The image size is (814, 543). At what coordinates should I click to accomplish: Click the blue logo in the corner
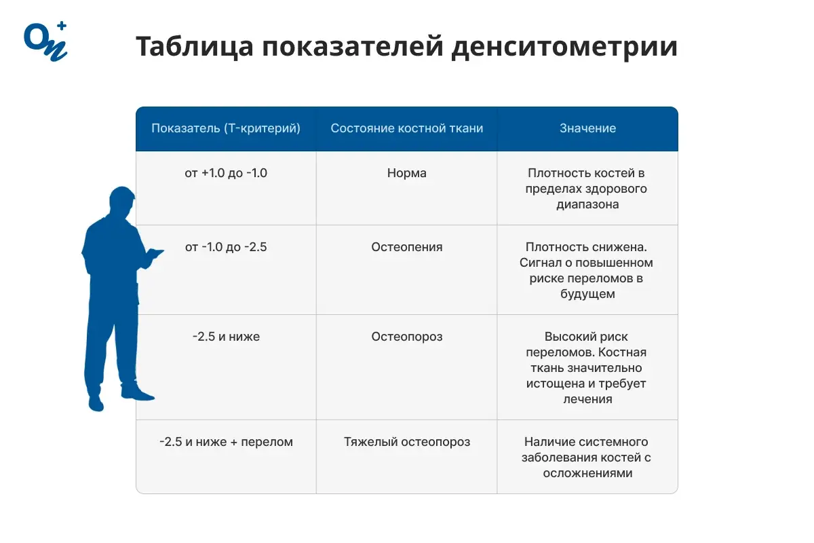(45, 41)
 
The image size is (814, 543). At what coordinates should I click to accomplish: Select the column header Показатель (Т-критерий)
(226, 128)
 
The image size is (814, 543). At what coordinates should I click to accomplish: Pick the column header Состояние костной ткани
(407, 128)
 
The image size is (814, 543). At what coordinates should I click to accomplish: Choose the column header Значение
(587, 128)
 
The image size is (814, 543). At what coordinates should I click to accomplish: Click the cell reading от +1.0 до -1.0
(226, 173)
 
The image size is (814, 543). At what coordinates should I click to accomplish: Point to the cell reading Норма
(407, 173)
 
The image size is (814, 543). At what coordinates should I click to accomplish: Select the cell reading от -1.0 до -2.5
(226, 247)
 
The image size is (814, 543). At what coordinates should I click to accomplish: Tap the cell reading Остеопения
(407, 247)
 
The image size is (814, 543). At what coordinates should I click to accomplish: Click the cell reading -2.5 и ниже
(226, 337)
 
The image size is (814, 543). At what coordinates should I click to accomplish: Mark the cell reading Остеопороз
(407, 337)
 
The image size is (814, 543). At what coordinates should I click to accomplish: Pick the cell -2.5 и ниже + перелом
(226, 442)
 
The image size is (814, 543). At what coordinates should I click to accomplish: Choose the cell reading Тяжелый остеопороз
(407, 442)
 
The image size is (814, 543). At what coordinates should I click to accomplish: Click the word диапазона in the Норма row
(587, 204)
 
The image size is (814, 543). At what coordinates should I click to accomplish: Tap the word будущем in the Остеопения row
(587, 294)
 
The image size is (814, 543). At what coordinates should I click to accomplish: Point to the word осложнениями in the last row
(587, 473)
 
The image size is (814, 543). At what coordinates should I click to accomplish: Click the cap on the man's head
(122, 195)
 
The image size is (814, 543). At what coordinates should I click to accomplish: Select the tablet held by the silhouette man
(155, 253)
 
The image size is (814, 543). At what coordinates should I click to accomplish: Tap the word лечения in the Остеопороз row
(587, 399)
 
